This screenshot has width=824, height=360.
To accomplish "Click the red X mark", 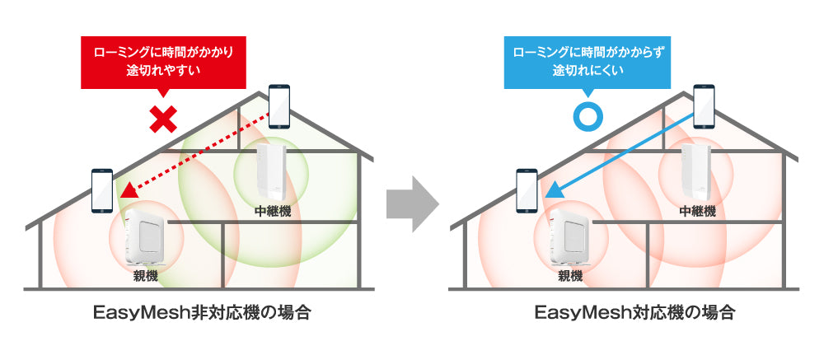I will (164, 120).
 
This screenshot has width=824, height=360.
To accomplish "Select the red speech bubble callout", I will (162, 62).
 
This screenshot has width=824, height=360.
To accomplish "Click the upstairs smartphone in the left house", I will (280, 105).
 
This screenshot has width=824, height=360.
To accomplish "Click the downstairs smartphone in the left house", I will (102, 190).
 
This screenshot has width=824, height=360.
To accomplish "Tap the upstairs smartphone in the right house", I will (704, 106).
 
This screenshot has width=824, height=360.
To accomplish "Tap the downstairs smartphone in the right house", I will (527, 190).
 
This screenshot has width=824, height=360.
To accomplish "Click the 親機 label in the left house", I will (146, 274).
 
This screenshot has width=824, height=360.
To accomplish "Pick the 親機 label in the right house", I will (570, 274).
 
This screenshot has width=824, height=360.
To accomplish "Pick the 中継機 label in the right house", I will (697, 211).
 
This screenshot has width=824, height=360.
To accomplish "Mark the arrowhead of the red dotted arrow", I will (127, 192).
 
